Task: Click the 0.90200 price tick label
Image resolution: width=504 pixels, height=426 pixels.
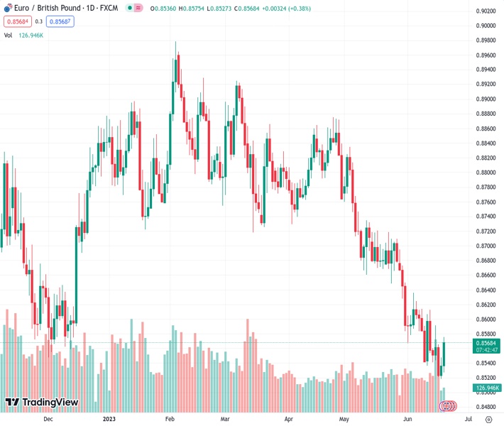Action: [486, 11]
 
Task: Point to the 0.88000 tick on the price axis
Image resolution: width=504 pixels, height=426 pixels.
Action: [486, 173]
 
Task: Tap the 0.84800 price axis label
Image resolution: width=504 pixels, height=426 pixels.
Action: [486, 407]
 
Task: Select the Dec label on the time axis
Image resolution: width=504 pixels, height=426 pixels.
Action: [48, 419]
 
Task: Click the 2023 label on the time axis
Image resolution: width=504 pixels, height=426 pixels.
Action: [109, 419]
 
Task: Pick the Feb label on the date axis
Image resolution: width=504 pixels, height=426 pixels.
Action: [170, 419]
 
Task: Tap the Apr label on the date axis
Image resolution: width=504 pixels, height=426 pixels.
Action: [288, 419]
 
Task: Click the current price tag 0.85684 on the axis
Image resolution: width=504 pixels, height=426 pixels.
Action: [486, 343]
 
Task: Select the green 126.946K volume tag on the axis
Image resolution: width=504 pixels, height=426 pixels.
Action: [486, 388]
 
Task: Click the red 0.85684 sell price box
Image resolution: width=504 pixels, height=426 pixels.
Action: [18, 21]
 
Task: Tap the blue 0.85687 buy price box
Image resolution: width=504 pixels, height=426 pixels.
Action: [60, 21]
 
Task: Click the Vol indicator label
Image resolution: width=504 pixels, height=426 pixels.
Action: [9, 35]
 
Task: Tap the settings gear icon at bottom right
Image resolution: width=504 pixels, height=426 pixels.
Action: [487, 419]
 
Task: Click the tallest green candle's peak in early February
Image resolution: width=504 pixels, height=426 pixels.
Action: [175, 43]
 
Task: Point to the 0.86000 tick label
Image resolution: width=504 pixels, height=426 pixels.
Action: [486, 319]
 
